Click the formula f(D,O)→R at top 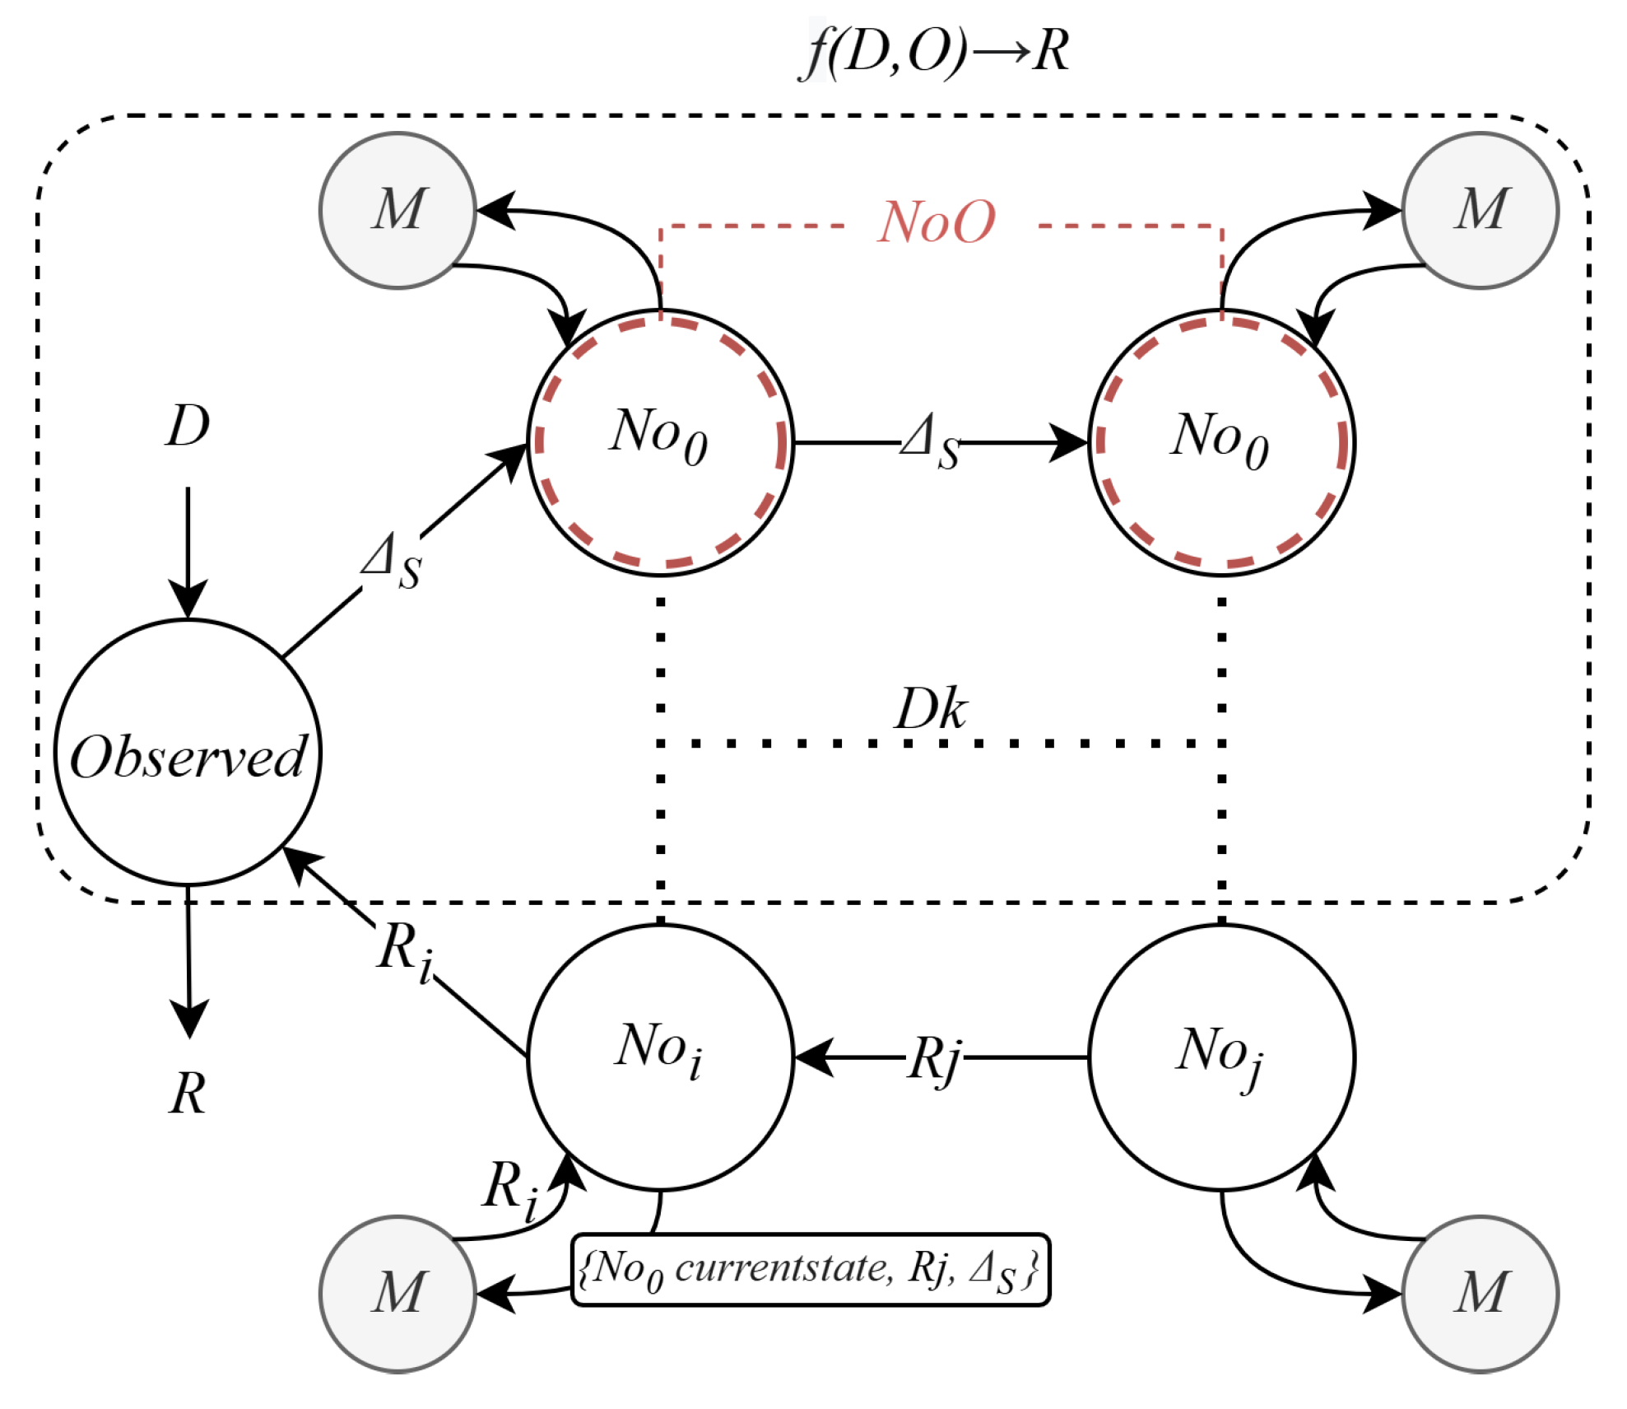(x=934, y=51)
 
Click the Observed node (x=188, y=753)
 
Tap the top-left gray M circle (x=397, y=211)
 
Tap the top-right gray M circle (x=1480, y=211)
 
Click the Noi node (x=660, y=1057)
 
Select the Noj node (x=1221, y=1057)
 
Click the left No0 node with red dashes (x=660, y=442)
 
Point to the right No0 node (x=1221, y=442)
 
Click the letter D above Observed (x=188, y=427)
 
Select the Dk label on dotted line (x=931, y=709)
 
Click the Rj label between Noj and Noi (x=935, y=1058)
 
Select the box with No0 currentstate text (x=810, y=1269)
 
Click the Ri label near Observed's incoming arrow (x=405, y=952)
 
